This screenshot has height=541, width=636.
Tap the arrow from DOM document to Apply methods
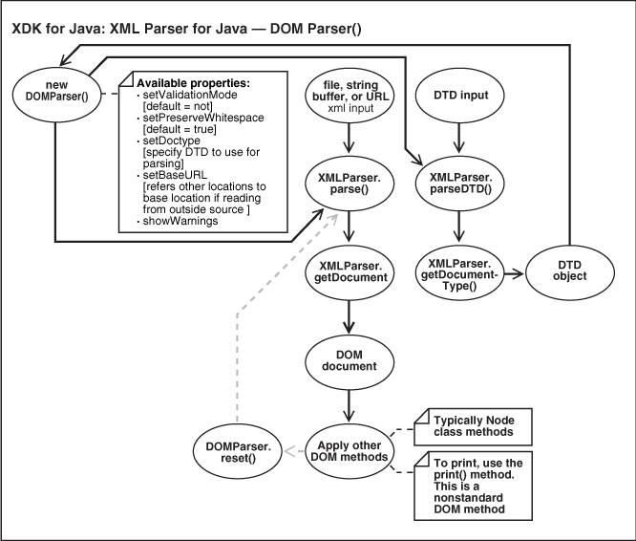tap(350, 403)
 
